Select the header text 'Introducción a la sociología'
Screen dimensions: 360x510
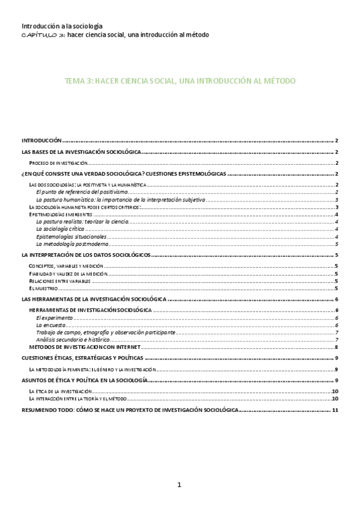click(x=62, y=26)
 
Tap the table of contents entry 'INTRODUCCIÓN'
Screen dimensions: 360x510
click(x=41, y=139)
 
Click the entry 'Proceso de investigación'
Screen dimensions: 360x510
click(x=59, y=163)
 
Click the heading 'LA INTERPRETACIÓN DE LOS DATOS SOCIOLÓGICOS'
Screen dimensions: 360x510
click(x=85, y=255)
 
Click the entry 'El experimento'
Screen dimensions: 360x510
click(x=55, y=318)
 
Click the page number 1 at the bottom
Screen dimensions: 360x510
click(x=179, y=485)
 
